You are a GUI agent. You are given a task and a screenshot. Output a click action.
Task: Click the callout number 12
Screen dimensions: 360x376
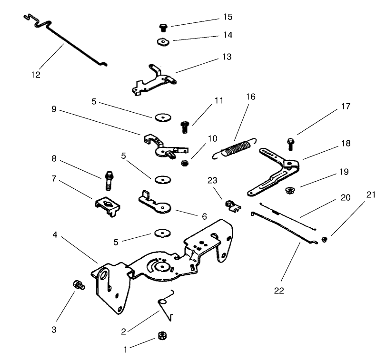click(x=36, y=75)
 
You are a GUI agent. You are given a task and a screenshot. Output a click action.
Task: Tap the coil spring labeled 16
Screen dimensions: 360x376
click(x=236, y=147)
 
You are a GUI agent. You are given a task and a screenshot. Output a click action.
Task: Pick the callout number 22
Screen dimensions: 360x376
click(x=279, y=291)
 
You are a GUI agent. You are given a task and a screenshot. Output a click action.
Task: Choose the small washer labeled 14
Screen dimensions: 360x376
click(x=163, y=41)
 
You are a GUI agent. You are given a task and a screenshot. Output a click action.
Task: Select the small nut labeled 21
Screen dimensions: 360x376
click(x=325, y=239)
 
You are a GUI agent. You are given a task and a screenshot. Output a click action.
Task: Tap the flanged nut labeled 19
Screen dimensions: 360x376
click(x=288, y=191)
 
